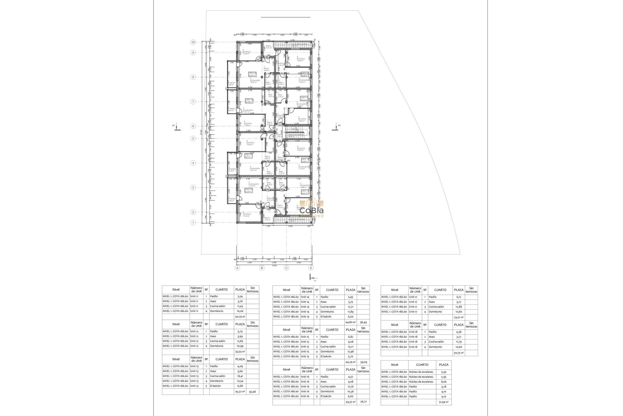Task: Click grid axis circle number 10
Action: click(x=193, y=42)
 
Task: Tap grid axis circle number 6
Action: click(x=193, y=126)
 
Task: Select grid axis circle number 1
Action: click(x=193, y=223)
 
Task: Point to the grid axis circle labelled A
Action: click(x=238, y=268)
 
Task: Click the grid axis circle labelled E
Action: click(x=311, y=268)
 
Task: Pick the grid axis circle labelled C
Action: click(x=287, y=268)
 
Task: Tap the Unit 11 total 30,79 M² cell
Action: click(x=240, y=316)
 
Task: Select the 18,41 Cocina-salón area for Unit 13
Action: click(x=240, y=376)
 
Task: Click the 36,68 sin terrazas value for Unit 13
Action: click(x=252, y=392)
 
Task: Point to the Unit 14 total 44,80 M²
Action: click(x=350, y=322)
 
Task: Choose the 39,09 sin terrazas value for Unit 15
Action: click(x=363, y=362)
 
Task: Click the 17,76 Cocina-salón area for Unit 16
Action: click(x=350, y=386)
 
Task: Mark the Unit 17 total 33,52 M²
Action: click(x=458, y=317)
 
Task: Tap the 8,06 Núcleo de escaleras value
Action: click(x=444, y=382)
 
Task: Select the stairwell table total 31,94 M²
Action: click(x=444, y=402)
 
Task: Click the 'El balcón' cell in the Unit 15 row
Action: click(x=326, y=357)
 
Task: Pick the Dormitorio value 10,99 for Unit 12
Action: click(x=240, y=346)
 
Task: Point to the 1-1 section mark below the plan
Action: click(x=312, y=278)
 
